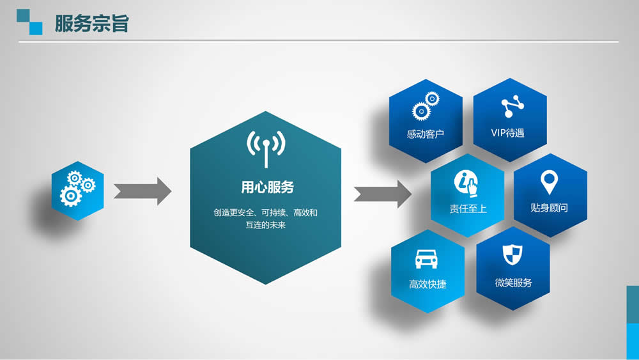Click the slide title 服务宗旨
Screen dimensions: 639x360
[x=91, y=23]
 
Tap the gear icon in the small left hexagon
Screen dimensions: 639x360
[x=77, y=189]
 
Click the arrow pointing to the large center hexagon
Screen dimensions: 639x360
[x=142, y=191]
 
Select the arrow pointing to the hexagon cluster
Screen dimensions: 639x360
[x=383, y=194]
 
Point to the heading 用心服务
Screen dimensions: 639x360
[x=267, y=187]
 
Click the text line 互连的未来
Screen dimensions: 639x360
[x=265, y=224]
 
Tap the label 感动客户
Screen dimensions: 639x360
[x=425, y=134]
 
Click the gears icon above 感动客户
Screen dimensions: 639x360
[x=426, y=106]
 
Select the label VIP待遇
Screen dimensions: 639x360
[x=507, y=133]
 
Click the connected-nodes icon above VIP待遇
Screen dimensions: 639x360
[x=512, y=106]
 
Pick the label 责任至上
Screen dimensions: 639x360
[x=468, y=208]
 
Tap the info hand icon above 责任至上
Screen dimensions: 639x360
[x=466, y=184]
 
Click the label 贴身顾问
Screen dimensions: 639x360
[x=549, y=208]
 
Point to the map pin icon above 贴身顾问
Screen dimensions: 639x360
[x=549, y=182]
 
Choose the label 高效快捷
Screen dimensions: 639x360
[x=427, y=284]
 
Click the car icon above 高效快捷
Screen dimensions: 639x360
[x=426, y=259]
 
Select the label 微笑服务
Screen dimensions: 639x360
[x=514, y=283]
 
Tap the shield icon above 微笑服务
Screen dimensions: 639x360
[x=512, y=255]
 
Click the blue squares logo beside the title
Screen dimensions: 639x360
[x=29, y=22]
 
